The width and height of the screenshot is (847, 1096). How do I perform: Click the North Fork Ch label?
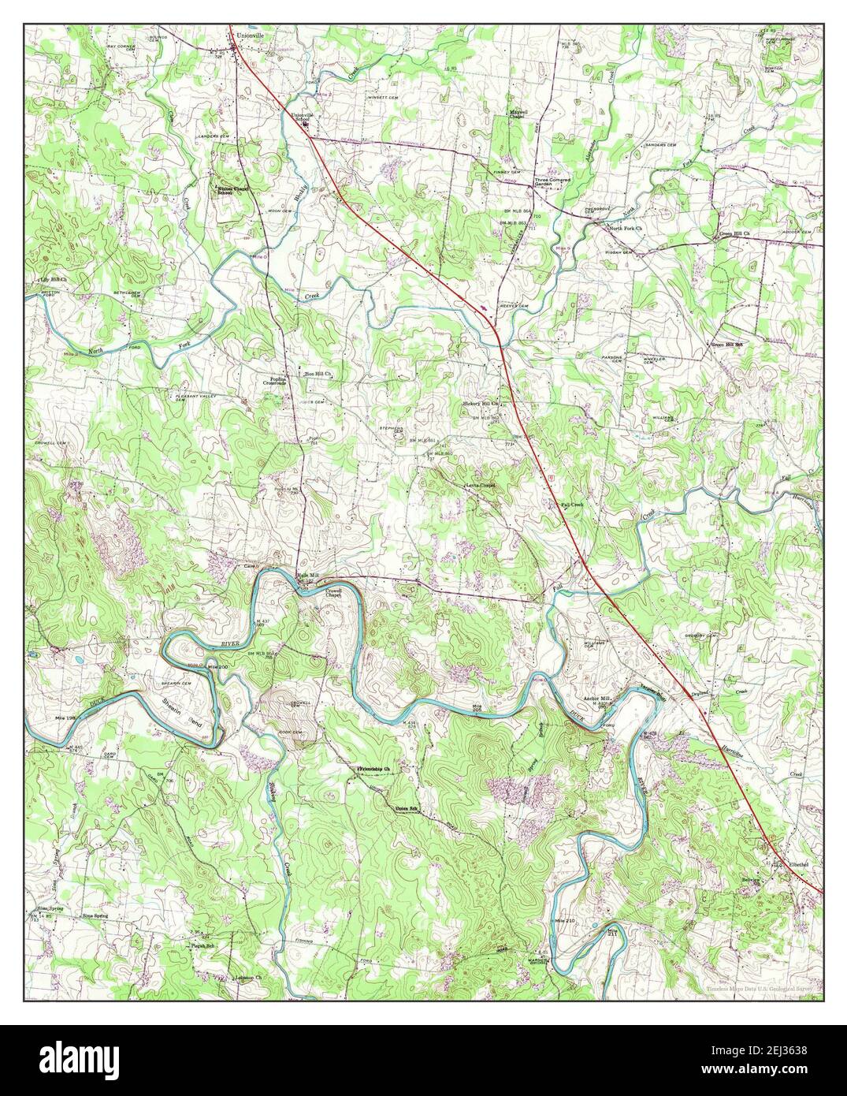626,229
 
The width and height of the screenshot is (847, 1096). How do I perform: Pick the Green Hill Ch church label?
733,234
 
